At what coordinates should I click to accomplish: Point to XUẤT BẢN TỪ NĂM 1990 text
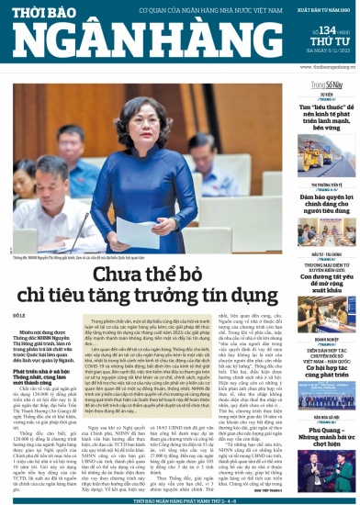pyautogui.click(x=321, y=9)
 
